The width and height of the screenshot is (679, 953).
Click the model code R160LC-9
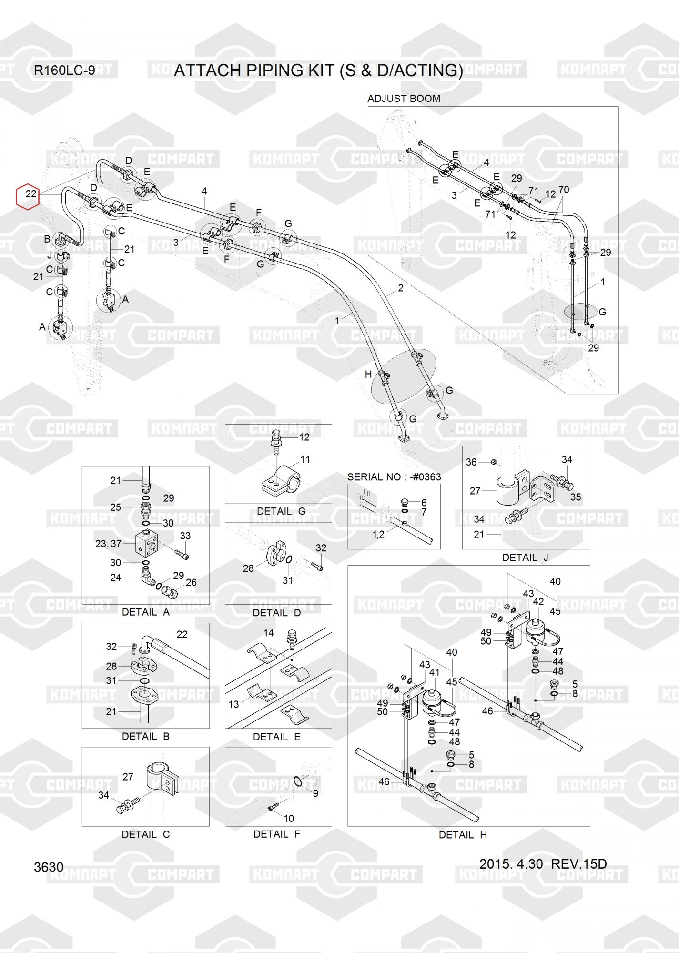coord(64,71)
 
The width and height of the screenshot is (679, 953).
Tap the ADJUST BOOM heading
coord(404,99)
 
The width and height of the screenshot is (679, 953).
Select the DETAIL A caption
coord(146,612)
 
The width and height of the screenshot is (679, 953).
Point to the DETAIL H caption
coord(463,835)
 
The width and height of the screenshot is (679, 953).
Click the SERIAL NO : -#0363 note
coord(394,476)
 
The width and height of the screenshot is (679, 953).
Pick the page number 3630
coord(49,867)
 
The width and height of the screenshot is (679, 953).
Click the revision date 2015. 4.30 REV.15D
coord(543,864)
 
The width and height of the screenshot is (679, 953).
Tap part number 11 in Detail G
coord(305,459)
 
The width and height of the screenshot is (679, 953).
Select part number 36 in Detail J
coord(471,462)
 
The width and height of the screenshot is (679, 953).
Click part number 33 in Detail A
coord(185,536)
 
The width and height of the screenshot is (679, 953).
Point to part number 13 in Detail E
coord(233,704)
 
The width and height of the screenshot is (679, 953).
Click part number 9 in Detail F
coord(315,793)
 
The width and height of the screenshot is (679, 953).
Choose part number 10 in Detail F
coord(289,818)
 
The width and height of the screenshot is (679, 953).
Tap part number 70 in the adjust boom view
coord(564,190)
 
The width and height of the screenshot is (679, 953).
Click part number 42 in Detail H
coord(538,602)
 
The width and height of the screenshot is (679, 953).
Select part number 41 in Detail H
coord(434,673)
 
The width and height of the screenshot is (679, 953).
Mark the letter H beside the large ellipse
coord(368,375)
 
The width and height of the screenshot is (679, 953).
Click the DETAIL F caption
coord(277,834)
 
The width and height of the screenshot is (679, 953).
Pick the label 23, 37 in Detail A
coord(108,543)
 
